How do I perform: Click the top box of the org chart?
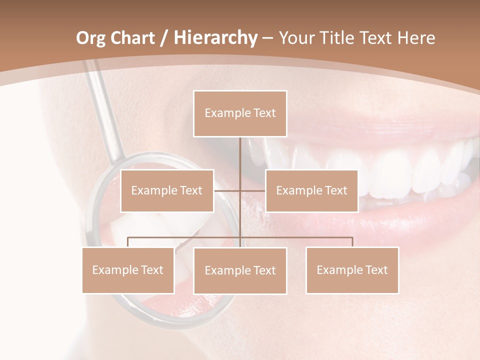(240, 113)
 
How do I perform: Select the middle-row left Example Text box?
(167, 190)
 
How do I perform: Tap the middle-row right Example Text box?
(311, 190)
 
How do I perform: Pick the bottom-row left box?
(128, 270)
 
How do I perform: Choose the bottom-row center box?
(240, 270)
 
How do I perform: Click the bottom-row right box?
(352, 270)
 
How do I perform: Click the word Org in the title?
(91, 38)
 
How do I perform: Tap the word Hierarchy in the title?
(215, 38)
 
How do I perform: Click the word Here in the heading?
(416, 38)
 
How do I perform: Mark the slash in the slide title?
(164, 38)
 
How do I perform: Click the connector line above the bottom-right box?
(352, 241)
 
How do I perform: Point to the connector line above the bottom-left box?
(128, 241)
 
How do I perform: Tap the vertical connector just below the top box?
(240, 150)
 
